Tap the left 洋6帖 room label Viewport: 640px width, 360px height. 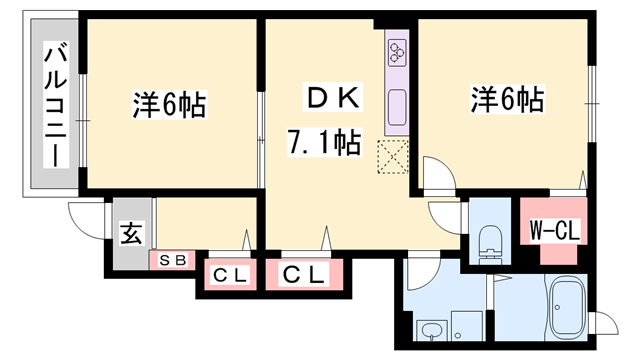click(169, 103)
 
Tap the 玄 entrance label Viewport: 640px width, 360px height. click(131, 236)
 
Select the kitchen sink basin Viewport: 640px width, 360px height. click(396, 104)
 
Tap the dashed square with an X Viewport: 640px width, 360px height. click(393, 156)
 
